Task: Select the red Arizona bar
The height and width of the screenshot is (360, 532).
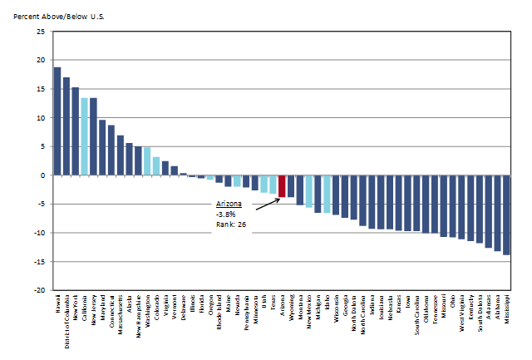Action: pyautogui.click(x=282, y=186)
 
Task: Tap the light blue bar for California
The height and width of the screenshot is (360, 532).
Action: pyautogui.click(x=84, y=136)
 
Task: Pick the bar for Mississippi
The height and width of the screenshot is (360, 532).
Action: pyautogui.click(x=506, y=215)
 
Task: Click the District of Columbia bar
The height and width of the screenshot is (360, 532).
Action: pyautogui.click(x=66, y=126)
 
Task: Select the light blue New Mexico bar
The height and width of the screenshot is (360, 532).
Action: pyautogui.click(x=308, y=191)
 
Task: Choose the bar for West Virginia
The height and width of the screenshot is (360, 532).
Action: pyautogui.click(x=461, y=207)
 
